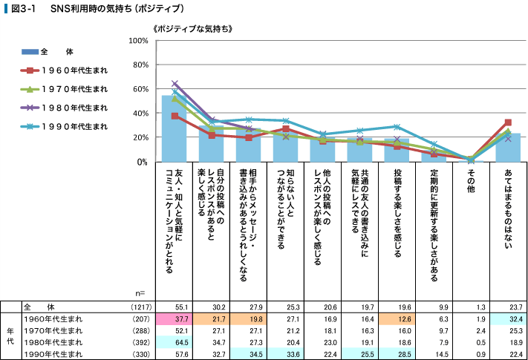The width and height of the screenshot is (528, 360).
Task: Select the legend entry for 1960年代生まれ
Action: [63, 71]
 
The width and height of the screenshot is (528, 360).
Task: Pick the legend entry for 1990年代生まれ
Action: [63, 126]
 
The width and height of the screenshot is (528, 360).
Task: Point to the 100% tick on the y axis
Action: [138, 40]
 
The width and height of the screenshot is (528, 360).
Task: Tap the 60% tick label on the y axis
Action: [140, 89]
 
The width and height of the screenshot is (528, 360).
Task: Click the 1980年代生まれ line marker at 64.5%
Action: [175, 84]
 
